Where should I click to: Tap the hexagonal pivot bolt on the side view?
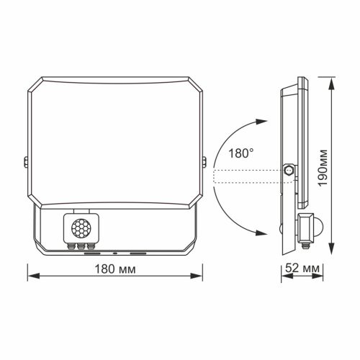[289, 171]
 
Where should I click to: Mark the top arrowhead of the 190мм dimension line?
[331, 79]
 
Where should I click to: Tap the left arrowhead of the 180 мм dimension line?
[32, 275]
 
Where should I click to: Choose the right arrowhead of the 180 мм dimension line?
[199, 275]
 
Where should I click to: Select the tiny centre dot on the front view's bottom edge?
[115, 254]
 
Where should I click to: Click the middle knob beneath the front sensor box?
[81, 246]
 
